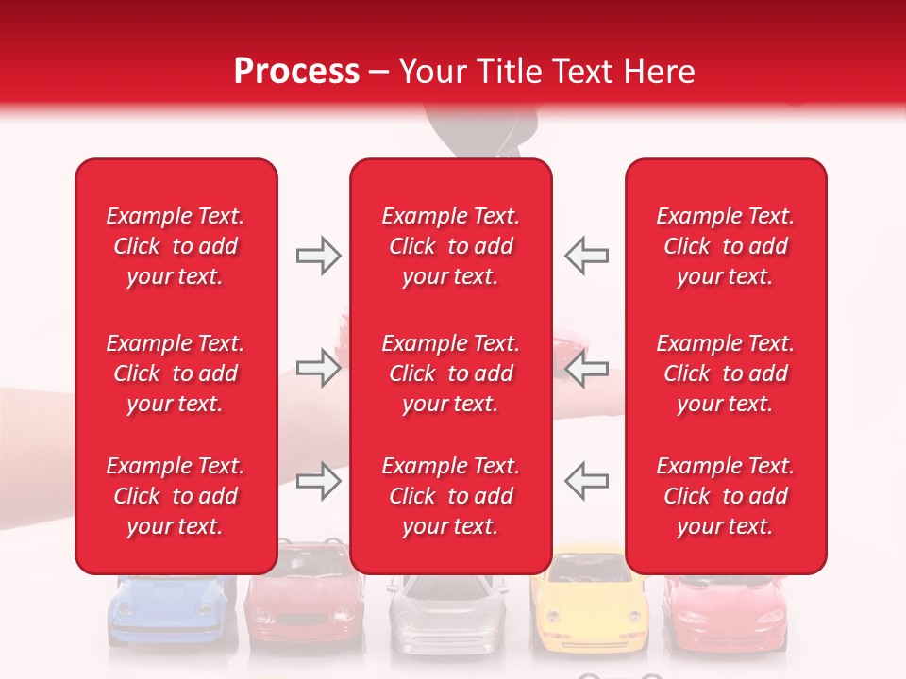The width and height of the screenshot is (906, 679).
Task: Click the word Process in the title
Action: coord(296,72)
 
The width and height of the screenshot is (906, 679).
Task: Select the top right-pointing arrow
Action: coord(318,256)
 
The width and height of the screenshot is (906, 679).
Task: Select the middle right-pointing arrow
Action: coord(318,369)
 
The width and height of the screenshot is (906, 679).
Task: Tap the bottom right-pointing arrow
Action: coord(318,482)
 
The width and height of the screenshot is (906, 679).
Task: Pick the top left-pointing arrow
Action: coord(587,256)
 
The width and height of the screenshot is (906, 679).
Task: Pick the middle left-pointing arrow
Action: coord(587,369)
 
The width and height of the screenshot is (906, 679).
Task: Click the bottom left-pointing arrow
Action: coord(587,482)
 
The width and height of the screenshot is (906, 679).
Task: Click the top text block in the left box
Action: coord(176,246)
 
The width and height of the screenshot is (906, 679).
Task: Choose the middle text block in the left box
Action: coord(176,373)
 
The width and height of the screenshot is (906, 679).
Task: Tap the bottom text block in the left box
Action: coord(176,496)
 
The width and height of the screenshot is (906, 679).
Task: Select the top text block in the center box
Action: coord(451,246)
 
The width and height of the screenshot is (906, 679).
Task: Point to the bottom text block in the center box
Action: coord(451,496)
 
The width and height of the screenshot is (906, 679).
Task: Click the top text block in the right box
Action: coord(726,246)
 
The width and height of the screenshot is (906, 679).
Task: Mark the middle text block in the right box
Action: coord(726,373)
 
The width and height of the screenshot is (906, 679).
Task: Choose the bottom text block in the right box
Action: coord(726,496)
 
